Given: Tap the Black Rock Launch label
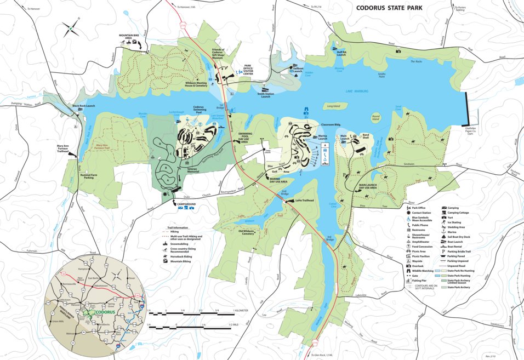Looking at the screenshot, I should click(x=84, y=106).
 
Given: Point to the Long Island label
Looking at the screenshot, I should click(x=333, y=105).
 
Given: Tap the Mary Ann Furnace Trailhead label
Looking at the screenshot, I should click(x=66, y=148).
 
